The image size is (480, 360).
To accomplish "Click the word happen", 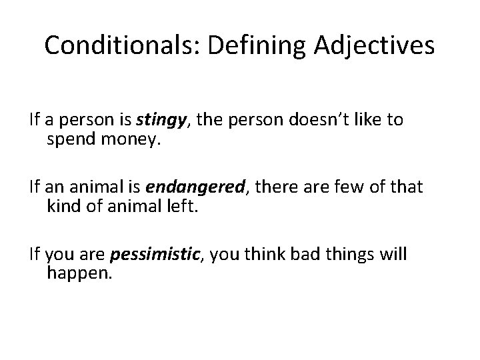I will (76, 274).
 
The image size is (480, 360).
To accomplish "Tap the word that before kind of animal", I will (405, 188).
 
